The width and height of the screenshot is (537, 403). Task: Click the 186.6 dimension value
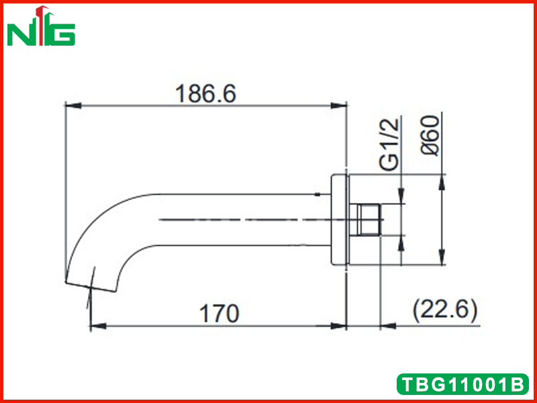(205, 94)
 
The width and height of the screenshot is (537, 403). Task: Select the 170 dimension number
(219, 314)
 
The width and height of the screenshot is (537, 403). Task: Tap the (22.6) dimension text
(445, 311)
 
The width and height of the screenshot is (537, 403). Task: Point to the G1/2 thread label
(391, 144)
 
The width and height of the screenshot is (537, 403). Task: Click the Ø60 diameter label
(430, 136)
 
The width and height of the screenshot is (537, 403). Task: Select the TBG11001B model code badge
(462, 384)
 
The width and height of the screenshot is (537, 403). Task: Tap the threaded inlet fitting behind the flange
(365, 220)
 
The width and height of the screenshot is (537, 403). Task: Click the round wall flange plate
(340, 220)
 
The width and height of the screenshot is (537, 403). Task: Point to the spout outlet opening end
(91, 287)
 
